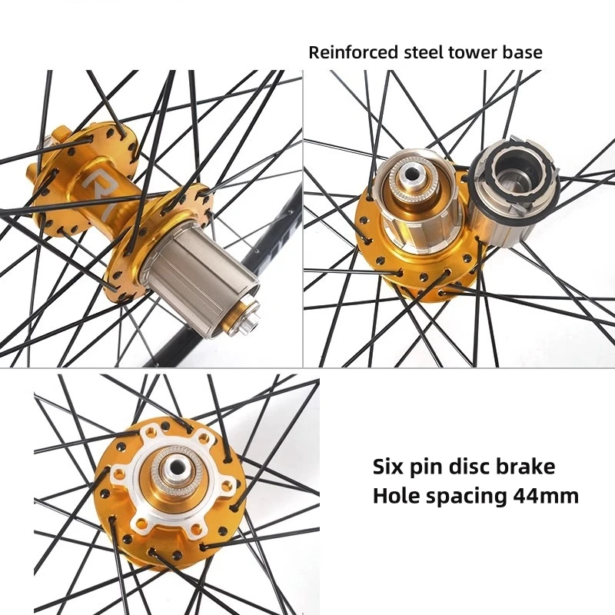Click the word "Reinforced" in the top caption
351,53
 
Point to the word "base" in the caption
524,53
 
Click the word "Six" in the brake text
390,467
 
